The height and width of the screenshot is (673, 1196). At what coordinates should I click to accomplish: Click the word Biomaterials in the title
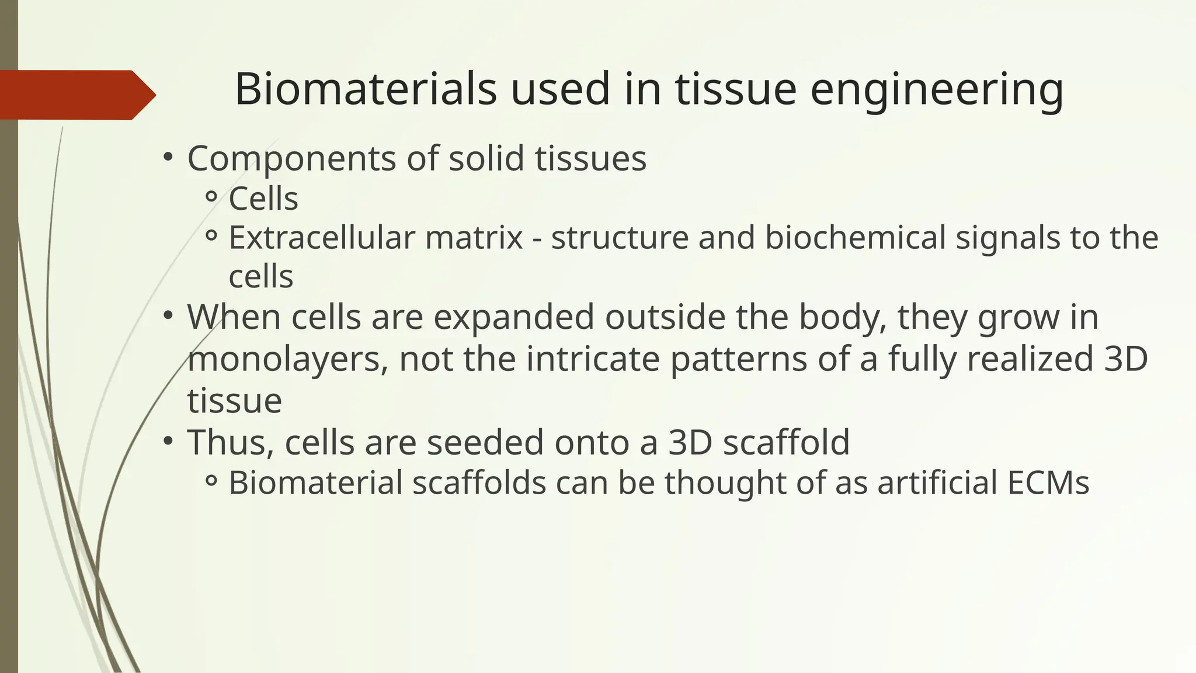click(365, 89)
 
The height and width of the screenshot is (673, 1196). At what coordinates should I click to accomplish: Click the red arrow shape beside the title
click(76, 95)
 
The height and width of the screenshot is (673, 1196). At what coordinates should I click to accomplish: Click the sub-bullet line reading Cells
click(263, 199)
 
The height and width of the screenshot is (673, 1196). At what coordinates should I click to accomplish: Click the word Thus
click(230, 442)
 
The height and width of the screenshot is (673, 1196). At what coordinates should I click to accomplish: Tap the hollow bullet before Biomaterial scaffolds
click(211, 481)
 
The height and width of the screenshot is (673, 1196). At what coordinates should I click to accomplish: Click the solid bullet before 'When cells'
click(168, 315)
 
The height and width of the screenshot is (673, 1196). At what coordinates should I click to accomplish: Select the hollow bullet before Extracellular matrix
click(211, 236)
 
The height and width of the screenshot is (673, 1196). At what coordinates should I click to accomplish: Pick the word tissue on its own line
click(234, 401)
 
